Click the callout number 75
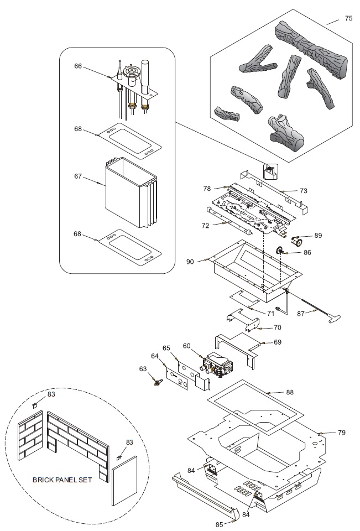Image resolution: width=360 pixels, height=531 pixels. point(348,19)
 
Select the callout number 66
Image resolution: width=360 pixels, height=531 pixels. point(78,66)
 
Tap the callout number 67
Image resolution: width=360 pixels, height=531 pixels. point(78,176)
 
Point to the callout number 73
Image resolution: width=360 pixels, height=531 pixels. point(304,190)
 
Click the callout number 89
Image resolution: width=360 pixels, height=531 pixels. point(318,235)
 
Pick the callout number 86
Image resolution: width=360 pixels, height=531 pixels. point(307,252)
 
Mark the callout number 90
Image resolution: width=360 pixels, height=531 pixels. point(190,261)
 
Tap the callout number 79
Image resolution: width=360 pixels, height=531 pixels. point(341,431)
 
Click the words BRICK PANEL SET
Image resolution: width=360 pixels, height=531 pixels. point(62,480)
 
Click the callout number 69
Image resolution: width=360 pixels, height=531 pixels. point(278,342)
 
